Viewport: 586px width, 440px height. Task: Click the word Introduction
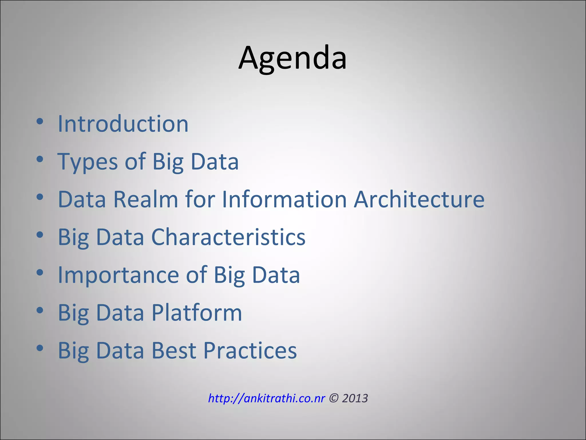pyautogui.click(x=123, y=124)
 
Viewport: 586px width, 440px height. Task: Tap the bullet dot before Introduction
pyautogui.click(x=40, y=121)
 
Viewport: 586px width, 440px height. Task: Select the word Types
pyautogui.click(x=87, y=162)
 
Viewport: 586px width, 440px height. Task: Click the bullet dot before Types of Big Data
pyautogui.click(x=40, y=159)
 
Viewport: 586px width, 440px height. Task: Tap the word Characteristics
pyautogui.click(x=228, y=237)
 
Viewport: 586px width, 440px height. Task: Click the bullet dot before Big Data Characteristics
pyautogui.click(x=40, y=235)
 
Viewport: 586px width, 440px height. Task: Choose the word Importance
pyautogui.click(x=118, y=275)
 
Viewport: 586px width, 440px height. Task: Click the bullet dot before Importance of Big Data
pyautogui.click(x=40, y=273)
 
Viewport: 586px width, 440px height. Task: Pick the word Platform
pyautogui.click(x=197, y=313)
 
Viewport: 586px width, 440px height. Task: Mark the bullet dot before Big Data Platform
pyautogui.click(x=40, y=311)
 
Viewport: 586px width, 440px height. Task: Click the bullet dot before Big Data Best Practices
pyautogui.click(x=40, y=348)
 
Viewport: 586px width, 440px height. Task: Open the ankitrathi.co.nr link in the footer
pyautogui.click(x=266, y=398)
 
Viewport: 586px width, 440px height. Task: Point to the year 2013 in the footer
pyautogui.click(x=355, y=398)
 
